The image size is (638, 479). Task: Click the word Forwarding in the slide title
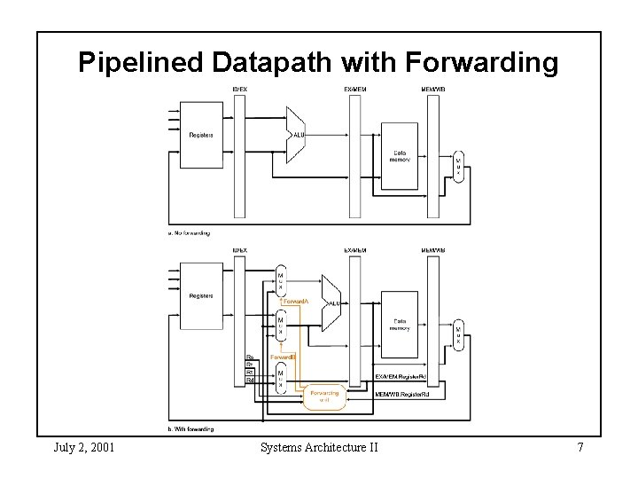(x=481, y=63)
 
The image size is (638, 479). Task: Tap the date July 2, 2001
(x=83, y=447)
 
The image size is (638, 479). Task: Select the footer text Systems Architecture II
(x=319, y=447)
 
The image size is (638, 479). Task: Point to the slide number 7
(x=580, y=447)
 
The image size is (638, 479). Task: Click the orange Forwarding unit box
(x=323, y=397)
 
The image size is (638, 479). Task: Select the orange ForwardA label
(x=296, y=302)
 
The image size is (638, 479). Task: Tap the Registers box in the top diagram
(x=203, y=135)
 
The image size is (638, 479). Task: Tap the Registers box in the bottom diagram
(x=203, y=296)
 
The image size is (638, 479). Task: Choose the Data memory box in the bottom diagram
(x=400, y=325)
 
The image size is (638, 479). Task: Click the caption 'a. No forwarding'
(x=190, y=233)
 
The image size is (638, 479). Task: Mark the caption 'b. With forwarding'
(x=191, y=429)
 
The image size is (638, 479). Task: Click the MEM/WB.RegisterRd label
(x=403, y=393)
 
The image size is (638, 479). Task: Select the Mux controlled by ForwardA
(x=281, y=280)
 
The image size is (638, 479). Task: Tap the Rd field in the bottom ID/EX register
(x=250, y=380)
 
